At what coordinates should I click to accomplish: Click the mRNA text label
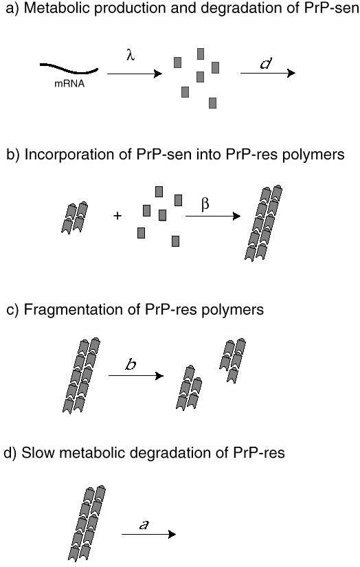pos(69,84)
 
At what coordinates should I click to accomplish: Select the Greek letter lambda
pos(131,55)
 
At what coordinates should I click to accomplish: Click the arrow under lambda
pos(135,74)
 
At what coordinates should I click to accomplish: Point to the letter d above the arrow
pos(266,63)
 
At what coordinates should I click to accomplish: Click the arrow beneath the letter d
pos(268,73)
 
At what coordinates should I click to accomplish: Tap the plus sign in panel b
pos(117,216)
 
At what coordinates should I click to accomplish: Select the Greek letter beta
pos(205,204)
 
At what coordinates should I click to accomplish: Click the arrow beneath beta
pos(213,216)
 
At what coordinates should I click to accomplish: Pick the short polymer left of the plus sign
pos(74,218)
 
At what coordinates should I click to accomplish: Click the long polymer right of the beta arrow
pos(263,223)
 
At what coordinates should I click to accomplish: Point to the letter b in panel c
pos(131,364)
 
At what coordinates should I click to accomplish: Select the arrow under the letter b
pos(136,376)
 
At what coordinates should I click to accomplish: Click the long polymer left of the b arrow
pos(81,375)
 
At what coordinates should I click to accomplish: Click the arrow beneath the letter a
pos(148,534)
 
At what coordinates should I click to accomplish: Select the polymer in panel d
pos(87,523)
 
